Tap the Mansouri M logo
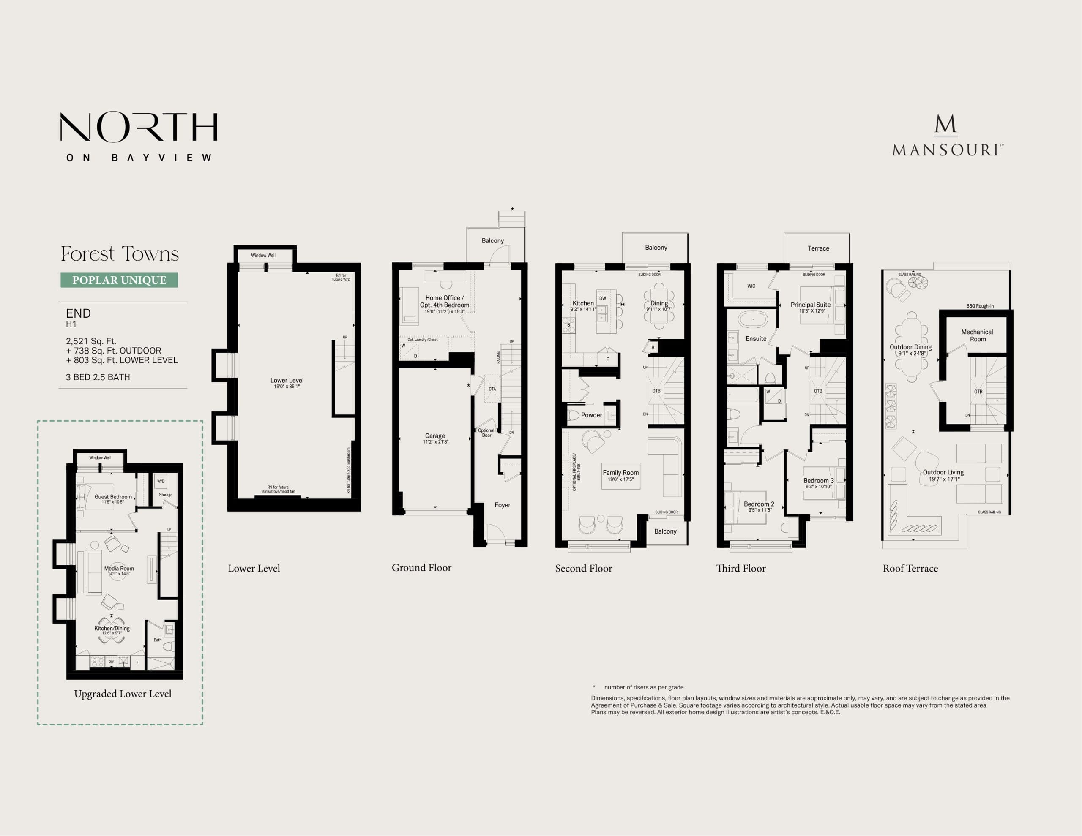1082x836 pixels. (x=945, y=125)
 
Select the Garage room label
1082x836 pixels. (x=435, y=436)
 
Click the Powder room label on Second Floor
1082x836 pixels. (x=592, y=415)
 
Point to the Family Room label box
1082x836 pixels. (x=620, y=475)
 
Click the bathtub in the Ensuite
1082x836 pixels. (x=753, y=319)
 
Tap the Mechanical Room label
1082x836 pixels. (x=977, y=335)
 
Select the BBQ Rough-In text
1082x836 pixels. (x=979, y=306)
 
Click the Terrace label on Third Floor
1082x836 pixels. (x=818, y=249)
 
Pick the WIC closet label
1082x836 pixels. (x=751, y=286)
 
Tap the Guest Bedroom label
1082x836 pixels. (x=113, y=497)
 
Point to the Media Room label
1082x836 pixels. (x=119, y=569)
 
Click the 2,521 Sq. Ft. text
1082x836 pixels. (x=91, y=341)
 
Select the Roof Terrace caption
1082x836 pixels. (x=910, y=569)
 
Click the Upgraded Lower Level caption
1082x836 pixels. (x=123, y=694)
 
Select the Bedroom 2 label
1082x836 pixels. (x=759, y=504)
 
